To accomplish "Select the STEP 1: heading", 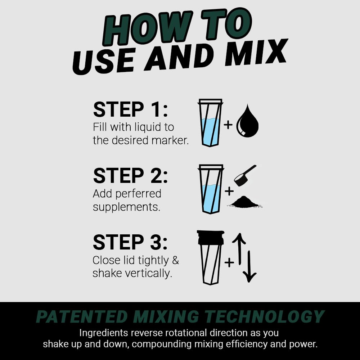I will point(130,109).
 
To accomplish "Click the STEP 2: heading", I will point(130,176).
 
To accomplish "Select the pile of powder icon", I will point(245,202).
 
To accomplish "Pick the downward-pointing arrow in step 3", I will point(249,266).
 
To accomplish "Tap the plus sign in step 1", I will point(228,125).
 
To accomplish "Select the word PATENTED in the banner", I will point(82,317).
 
